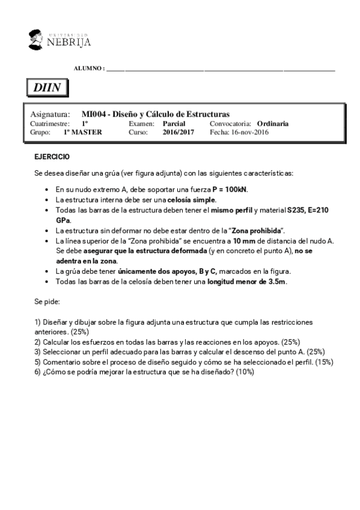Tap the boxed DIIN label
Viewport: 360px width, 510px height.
(47, 88)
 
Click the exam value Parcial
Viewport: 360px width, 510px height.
(174, 123)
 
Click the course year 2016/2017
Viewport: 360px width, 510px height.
(178, 132)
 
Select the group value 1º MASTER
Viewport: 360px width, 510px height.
(82, 132)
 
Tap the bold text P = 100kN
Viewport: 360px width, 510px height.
(230, 189)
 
